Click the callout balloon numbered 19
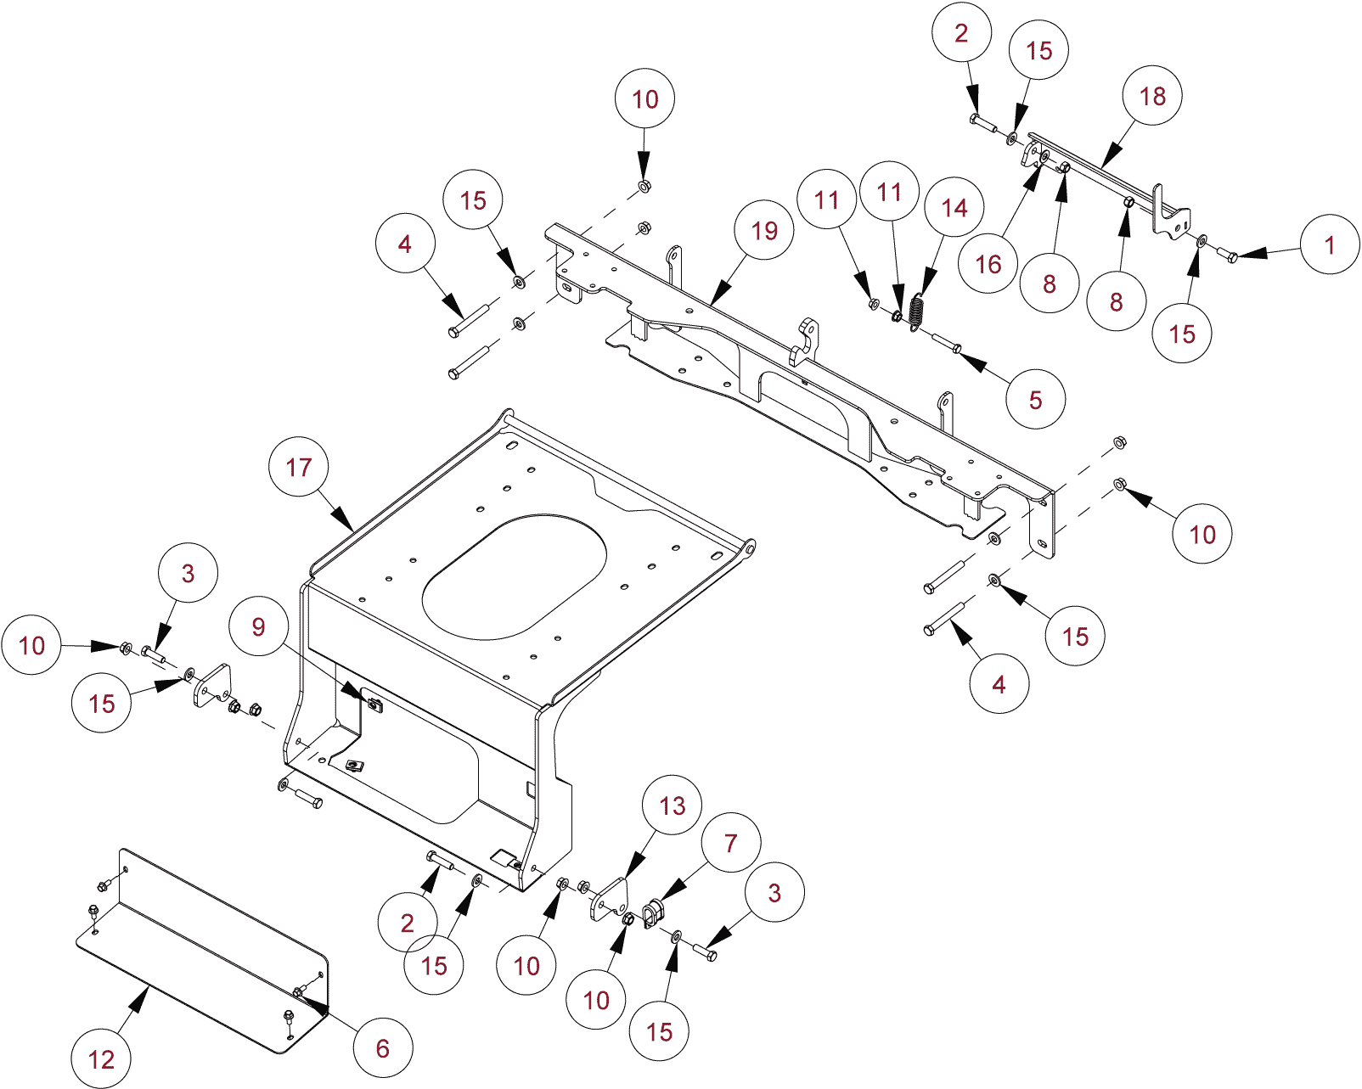(x=764, y=230)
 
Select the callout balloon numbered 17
(x=298, y=467)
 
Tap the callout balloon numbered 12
(x=101, y=1058)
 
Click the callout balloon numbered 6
(x=383, y=1048)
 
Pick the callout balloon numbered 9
(x=259, y=626)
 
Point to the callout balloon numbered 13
(x=672, y=806)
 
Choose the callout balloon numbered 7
(x=731, y=843)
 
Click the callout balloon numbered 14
(x=954, y=208)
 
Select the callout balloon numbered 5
(x=1035, y=400)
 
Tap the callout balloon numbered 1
(x=1330, y=245)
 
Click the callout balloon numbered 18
(x=1152, y=96)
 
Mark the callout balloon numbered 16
(x=988, y=264)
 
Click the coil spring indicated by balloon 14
(x=915, y=311)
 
